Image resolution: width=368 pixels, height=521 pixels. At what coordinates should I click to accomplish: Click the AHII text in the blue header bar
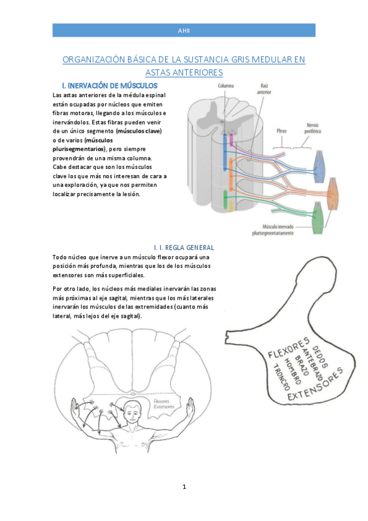point(184,31)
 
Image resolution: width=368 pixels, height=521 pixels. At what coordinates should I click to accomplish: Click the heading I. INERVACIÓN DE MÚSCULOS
point(109,86)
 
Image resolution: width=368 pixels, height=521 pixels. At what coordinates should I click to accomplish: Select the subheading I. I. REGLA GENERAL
point(184,248)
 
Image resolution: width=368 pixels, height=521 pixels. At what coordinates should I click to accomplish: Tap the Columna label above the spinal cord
point(226,86)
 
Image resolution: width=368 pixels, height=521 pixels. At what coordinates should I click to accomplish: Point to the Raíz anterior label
point(264,88)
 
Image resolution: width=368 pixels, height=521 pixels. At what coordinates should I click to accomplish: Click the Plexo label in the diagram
point(281,131)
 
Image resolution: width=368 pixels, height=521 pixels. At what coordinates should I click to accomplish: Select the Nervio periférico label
point(313,128)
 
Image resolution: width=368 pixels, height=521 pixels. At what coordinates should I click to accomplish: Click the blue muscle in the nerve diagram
point(319,166)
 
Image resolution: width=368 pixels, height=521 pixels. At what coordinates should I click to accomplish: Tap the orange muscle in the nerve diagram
point(333,194)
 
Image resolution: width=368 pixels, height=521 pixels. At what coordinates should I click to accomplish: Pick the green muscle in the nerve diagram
point(318,217)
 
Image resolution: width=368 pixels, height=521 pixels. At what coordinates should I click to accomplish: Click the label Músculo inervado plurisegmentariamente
point(273,230)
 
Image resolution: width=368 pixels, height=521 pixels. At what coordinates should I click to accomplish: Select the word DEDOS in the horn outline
point(320,357)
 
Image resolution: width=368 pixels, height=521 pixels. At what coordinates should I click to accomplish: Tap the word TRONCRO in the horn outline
point(281,377)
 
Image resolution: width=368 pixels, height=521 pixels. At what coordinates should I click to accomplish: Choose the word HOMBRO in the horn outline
point(292,371)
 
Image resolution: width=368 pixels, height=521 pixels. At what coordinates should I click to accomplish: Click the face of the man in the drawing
point(132,413)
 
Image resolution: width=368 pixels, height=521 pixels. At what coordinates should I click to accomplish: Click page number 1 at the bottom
point(184,487)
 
